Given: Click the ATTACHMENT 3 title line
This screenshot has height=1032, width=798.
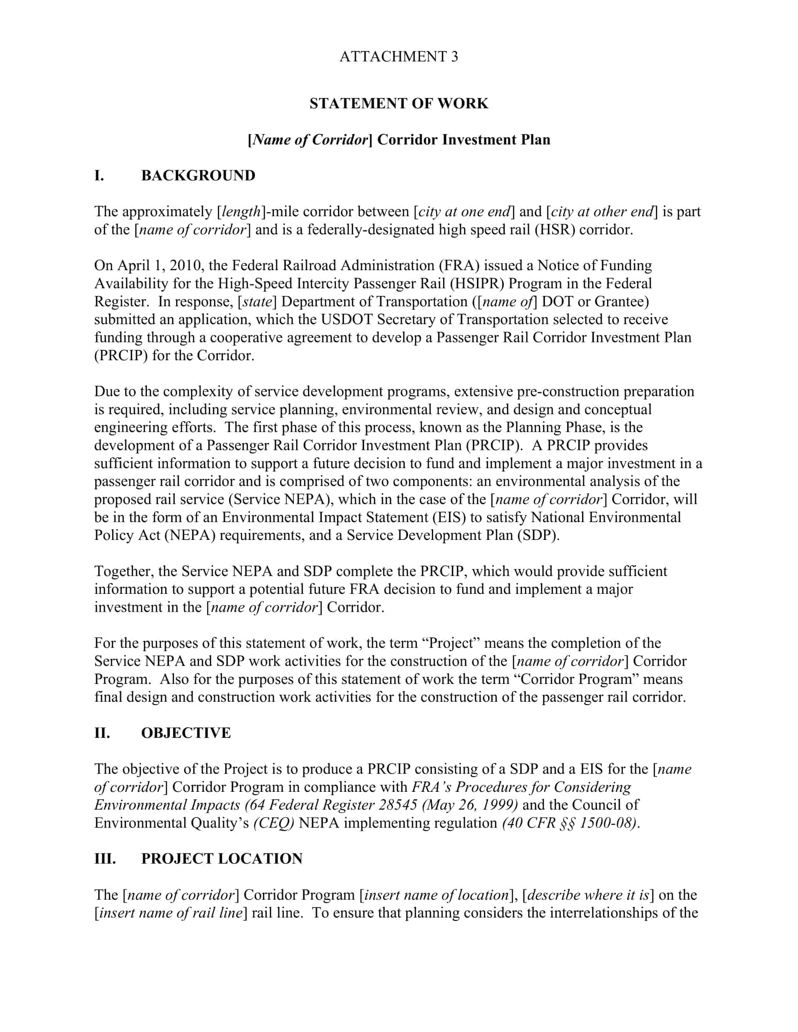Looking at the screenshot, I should (x=399, y=57).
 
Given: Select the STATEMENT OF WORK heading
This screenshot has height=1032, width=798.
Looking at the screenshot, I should (x=399, y=104).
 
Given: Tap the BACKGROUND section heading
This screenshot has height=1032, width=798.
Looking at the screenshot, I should (x=198, y=176).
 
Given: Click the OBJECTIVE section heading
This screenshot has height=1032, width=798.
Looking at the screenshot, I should (x=186, y=733).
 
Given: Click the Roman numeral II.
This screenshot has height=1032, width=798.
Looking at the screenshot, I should (x=102, y=733).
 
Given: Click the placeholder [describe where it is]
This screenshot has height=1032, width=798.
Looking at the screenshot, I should (x=588, y=895).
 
